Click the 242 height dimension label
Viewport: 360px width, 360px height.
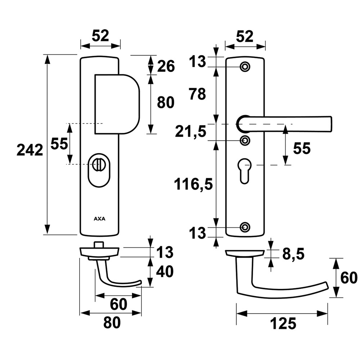pyautogui.click(x=30, y=150)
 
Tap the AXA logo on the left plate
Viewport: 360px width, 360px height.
pyautogui.click(x=100, y=219)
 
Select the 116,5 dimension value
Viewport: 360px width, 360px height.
pyautogui.click(x=193, y=184)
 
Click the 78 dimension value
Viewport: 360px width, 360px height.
pyautogui.click(x=197, y=94)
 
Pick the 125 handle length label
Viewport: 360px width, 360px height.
pyautogui.click(x=283, y=324)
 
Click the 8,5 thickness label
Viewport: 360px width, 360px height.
pyautogui.click(x=293, y=254)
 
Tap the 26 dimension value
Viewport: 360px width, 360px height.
pyautogui.click(x=166, y=66)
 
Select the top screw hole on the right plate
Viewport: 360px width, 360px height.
pyautogui.click(x=245, y=67)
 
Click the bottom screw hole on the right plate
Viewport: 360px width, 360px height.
pyautogui.click(x=245, y=227)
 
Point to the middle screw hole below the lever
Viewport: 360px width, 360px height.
pyautogui.click(x=245, y=140)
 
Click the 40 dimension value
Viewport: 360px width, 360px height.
pyautogui.click(x=165, y=271)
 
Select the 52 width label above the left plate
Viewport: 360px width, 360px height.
pyautogui.click(x=100, y=36)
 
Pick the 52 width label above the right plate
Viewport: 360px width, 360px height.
pyautogui.click(x=245, y=36)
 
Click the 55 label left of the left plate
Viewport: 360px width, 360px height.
pyautogui.click(x=59, y=144)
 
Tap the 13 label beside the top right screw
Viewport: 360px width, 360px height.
pyautogui.click(x=197, y=62)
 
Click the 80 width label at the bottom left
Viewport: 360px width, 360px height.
pyautogui.click(x=112, y=322)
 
